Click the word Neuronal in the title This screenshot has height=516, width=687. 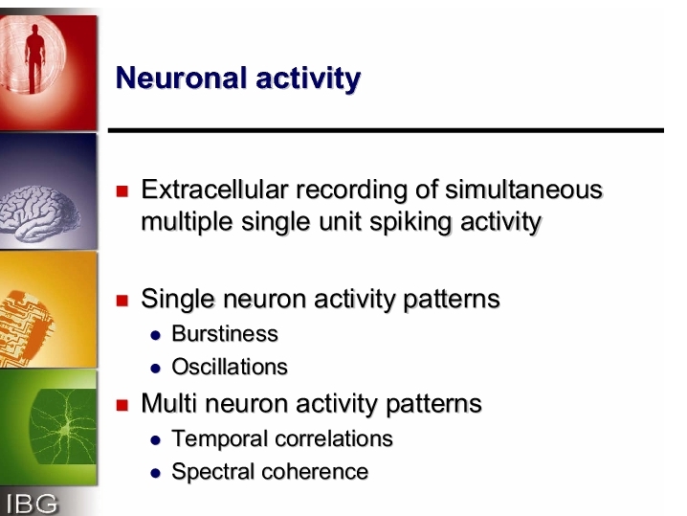coord(181,79)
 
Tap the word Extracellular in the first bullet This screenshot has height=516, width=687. coord(214,190)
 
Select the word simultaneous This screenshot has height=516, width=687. coord(524,190)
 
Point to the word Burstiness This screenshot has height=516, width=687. coord(225,333)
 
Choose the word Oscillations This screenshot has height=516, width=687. coord(230,367)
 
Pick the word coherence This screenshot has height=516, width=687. coord(315,472)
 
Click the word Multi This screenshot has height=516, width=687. coord(168,403)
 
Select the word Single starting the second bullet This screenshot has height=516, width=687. coord(179,300)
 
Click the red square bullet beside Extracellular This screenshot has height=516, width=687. coord(122,191)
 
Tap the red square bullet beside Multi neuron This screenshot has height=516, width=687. coord(122,405)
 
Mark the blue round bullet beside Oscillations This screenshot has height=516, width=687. coord(156,369)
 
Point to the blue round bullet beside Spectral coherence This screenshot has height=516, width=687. coord(156,474)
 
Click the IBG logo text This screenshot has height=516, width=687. coord(32,504)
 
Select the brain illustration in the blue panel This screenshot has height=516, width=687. coord(39,213)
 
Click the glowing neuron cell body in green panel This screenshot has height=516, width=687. coord(66,431)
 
